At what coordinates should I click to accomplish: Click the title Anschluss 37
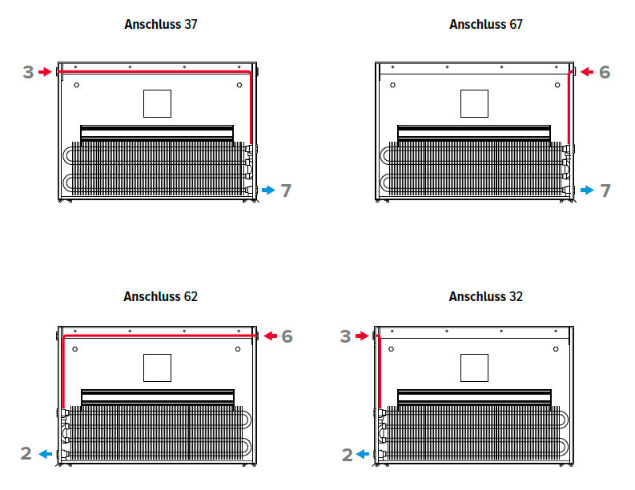[x=161, y=24]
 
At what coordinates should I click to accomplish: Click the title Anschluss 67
[x=486, y=24]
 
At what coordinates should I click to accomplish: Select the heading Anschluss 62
[x=161, y=296]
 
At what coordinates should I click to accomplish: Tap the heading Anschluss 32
[x=486, y=296]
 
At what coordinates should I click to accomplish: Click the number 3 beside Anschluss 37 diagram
[x=28, y=73]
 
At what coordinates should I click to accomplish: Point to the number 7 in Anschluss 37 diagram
[x=287, y=191]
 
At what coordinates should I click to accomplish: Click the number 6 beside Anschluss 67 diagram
[x=605, y=73]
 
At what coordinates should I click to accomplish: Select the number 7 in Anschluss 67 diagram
[x=605, y=191]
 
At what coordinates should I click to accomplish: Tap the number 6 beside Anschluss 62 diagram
[x=287, y=336]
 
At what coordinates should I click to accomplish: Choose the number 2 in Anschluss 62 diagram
[x=26, y=453]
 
